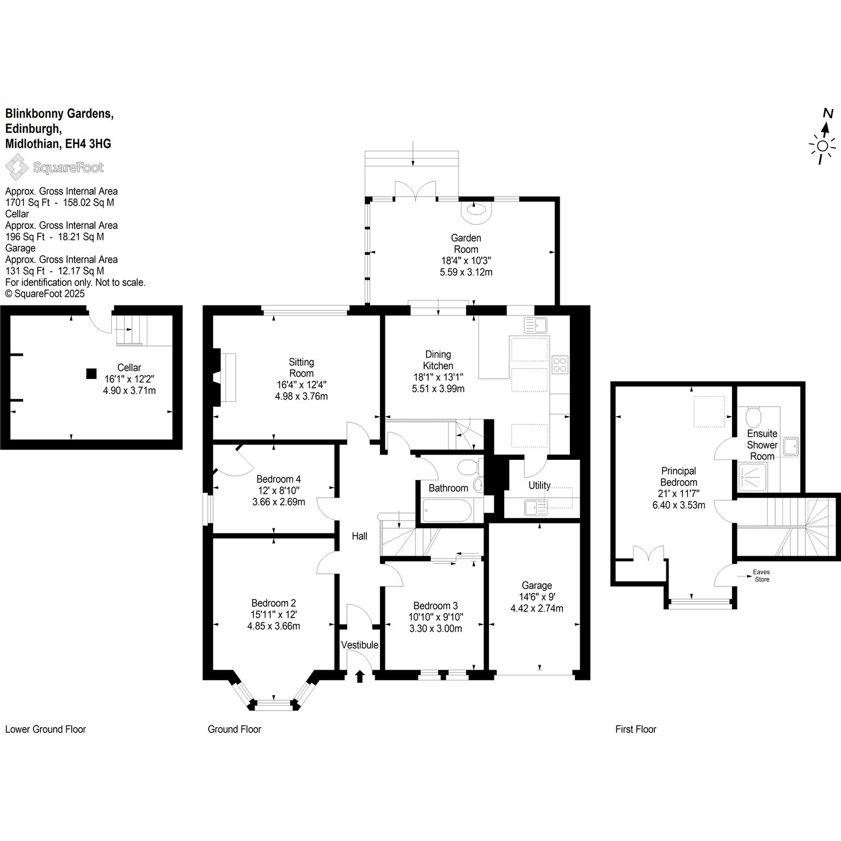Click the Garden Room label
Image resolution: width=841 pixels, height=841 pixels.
pos(466,244)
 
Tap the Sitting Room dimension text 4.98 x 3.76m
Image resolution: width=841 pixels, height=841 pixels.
pos(301,396)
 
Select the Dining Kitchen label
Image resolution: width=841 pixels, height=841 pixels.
pos(438,360)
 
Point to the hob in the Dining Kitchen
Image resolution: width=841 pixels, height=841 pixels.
pos(560,364)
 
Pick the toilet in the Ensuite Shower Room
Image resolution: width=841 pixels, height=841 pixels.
pos(753,417)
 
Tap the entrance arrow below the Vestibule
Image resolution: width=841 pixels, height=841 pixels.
pos(360,676)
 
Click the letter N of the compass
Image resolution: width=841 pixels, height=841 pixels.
pos(828,113)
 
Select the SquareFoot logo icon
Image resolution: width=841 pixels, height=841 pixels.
pos(17,167)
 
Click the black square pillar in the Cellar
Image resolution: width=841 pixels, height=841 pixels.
pos(91,373)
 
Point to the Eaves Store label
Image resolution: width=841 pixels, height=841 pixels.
pos(762,575)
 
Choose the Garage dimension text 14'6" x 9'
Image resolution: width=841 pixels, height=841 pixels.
pos(537,597)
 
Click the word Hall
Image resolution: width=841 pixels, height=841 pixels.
pos(360,536)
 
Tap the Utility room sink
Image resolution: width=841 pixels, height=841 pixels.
pos(532,508)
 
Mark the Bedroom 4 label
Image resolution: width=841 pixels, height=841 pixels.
pos(279,479)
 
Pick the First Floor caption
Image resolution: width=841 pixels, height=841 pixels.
pos(636,729)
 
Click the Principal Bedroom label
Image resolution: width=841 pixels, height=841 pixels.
pos(679,476)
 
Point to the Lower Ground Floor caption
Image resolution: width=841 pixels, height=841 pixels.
pos(45,729)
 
